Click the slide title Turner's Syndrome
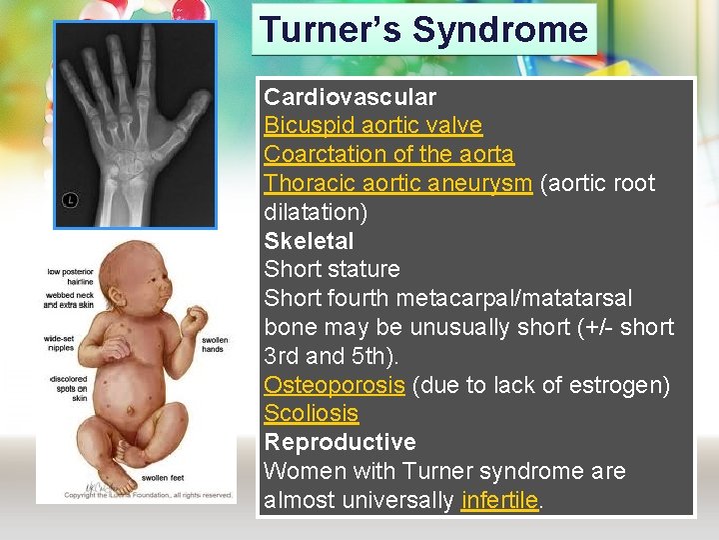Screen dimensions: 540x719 pos(423,29)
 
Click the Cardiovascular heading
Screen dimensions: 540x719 pos(350,97)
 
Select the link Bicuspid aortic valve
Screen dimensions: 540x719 pos(372,126)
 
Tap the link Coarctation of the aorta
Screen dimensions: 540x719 pos(388,155)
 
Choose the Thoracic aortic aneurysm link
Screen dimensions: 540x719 pos(397,184)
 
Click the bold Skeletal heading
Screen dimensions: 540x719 pos(309,241)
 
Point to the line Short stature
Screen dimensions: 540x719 pos(332,270)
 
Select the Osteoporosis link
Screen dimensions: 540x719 pos(334,385)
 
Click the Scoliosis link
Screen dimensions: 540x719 pos(311,414)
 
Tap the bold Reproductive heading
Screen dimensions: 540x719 pos(340,442)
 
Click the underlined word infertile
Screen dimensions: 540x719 pos(499,500)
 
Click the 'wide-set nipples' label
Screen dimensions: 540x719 pos(59,344)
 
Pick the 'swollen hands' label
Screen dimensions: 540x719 pos(214,345)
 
